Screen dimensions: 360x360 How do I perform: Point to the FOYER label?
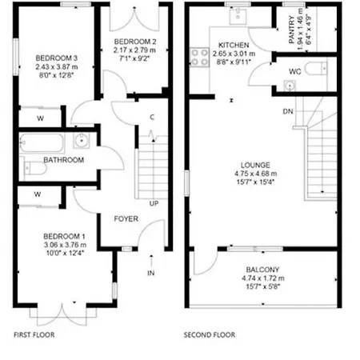126,218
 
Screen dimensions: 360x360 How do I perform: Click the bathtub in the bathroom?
43,142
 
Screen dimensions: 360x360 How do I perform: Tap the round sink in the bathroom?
82,142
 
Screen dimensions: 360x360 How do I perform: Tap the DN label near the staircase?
287,111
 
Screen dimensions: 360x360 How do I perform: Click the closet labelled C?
151,118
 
